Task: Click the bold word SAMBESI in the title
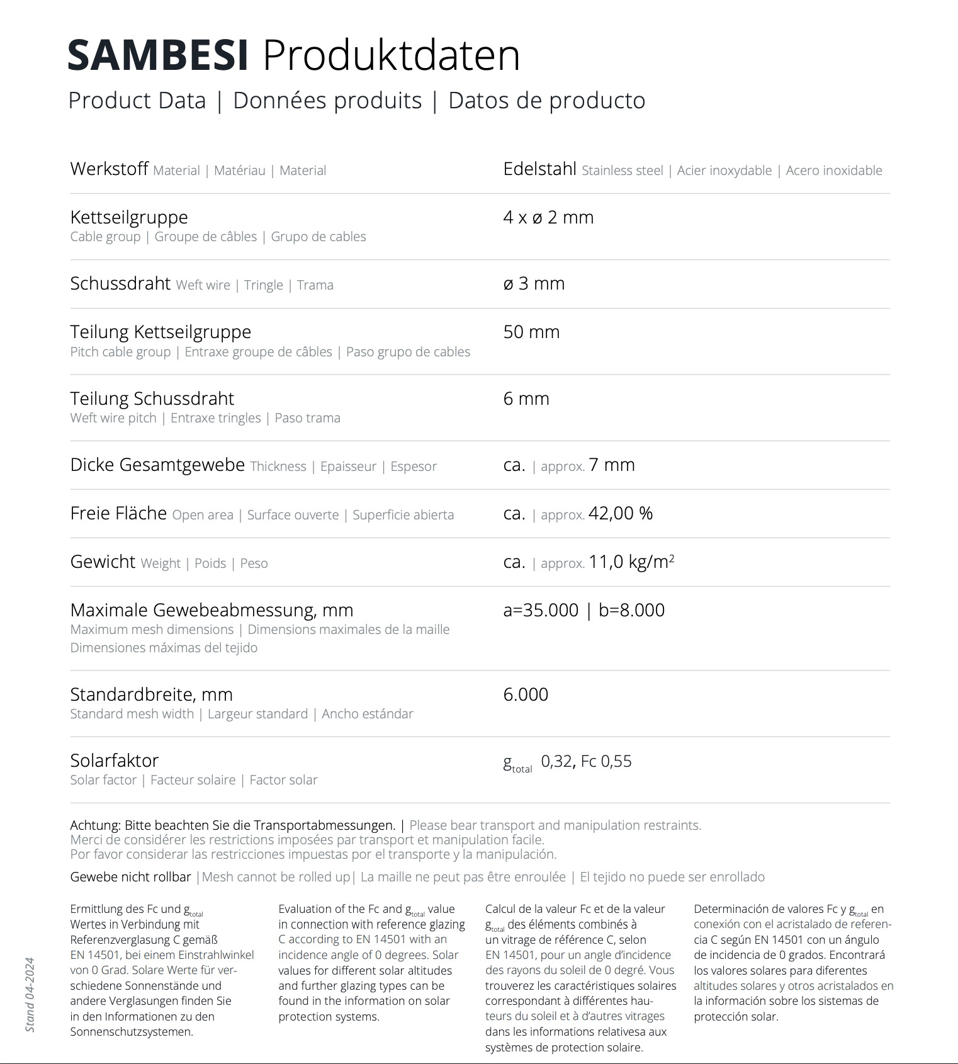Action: [x=158, y=55]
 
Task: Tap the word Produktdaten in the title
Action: [x=392, y=55]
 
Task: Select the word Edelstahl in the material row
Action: [x=539, y=169]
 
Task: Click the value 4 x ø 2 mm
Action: [x=548, y=218]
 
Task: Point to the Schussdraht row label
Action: [x=120, y=284]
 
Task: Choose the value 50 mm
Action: [x=531, y=332]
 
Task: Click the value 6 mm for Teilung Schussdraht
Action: [x=526, y=399]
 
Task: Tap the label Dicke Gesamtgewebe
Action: [x=157, y=465]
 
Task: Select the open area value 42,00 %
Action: [x=621, y=514]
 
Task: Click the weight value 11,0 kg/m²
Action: [x=631, y=562]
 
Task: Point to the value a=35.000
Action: [x=541, y=610]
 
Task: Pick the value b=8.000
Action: [x=631, y=610]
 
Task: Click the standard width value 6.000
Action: [x=526, y=694]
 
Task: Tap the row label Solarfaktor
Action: [x=115, y=761]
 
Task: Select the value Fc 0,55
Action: [x=606, y=762]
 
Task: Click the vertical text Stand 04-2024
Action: [x=30, y=995]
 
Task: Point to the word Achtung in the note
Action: [x=94, y=825]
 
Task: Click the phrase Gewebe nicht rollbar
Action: [x=130, y=877]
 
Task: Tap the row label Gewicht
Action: [x=103, y=562]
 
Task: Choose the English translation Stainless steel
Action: [x=622, y=171]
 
